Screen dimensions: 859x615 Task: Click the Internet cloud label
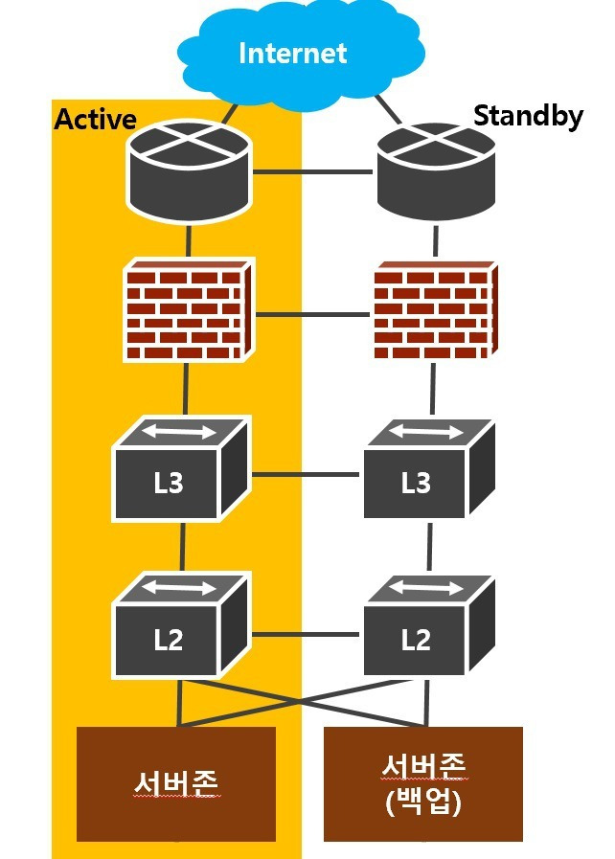pyautogui.click(x=292, y=52)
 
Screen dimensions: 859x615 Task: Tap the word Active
pyautogui.click(x=95, y=119)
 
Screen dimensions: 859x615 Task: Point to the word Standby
pyautogui.click(x=528, y=117)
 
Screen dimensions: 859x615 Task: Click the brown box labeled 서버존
pyautogui.click(x=176, y=783)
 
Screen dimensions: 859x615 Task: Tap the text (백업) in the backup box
pyautogui.click(x=423, y=803)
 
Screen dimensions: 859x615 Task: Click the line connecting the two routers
pyautogui.click(x=311, y=172)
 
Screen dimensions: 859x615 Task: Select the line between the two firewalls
pyautogui.click(x=311, y=313)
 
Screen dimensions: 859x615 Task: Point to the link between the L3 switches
pyautogui.click(x=307, y=474)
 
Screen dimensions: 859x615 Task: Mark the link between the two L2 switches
pyautogui.click(x=307, y=633)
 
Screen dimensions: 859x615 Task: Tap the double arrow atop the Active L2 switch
pyautogui.click(x=180, y=588)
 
